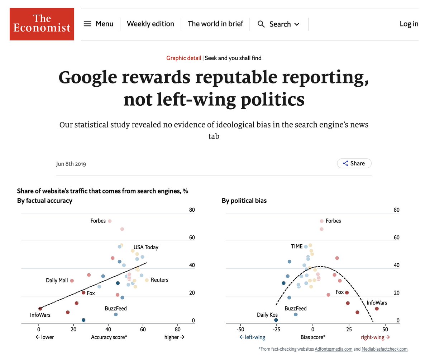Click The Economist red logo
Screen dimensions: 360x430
click(42, 24)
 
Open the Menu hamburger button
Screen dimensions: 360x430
click(87, 24)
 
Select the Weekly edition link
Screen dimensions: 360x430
click(150, 24)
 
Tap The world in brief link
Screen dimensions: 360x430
click(215, 24)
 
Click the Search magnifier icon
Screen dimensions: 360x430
click(262, 24)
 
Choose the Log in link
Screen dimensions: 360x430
click(409, 24)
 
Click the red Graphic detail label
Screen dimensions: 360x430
click(183, 58)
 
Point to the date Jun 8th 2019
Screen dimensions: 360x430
click(71, 164)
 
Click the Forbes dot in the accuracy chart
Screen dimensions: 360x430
click(110, 221)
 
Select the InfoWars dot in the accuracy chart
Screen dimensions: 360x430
click(40, 308)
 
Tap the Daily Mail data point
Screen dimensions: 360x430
click(72, 281)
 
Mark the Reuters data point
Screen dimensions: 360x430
click(147, 280)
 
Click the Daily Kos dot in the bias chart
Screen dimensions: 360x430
click(276, 320)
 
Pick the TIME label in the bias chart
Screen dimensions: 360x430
click(297, 246)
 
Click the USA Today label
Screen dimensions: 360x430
click(146, 247)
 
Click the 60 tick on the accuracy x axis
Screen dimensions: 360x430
click(143, 329)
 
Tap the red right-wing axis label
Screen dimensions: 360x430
click(375, 337)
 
